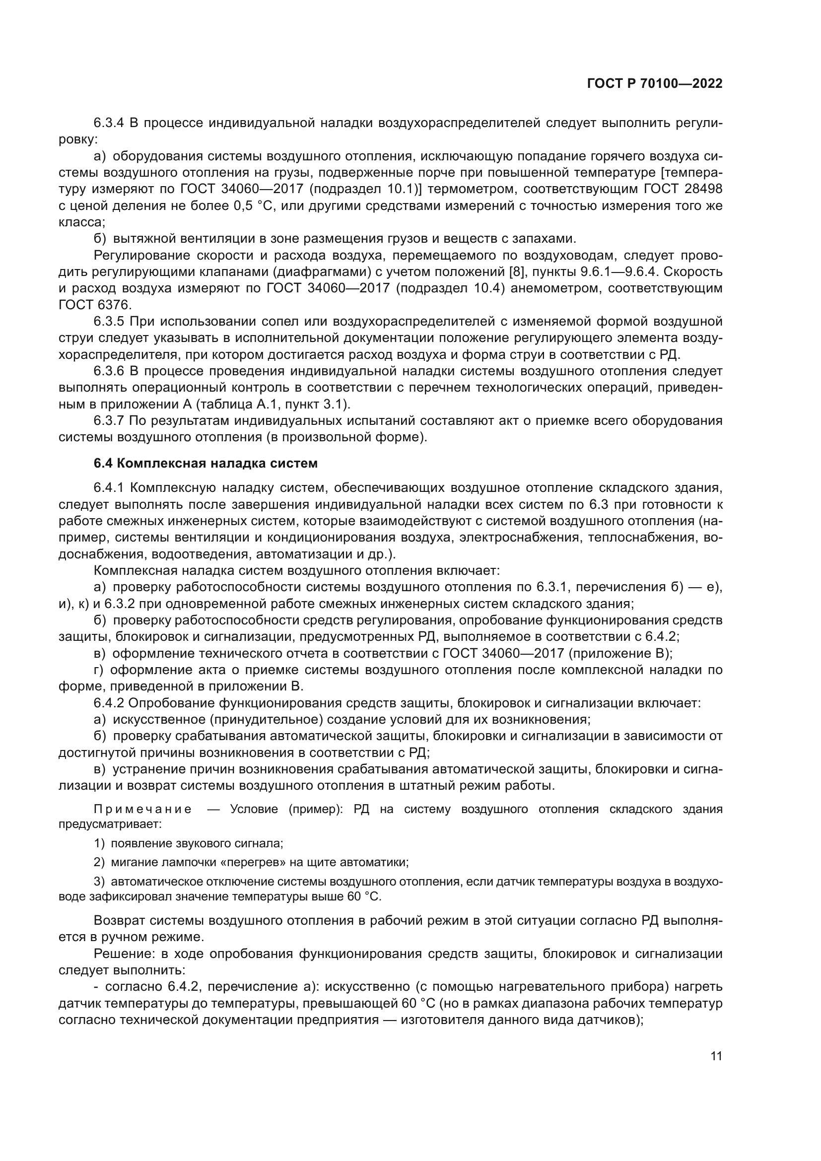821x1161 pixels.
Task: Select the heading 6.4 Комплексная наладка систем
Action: tap(206, 463)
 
